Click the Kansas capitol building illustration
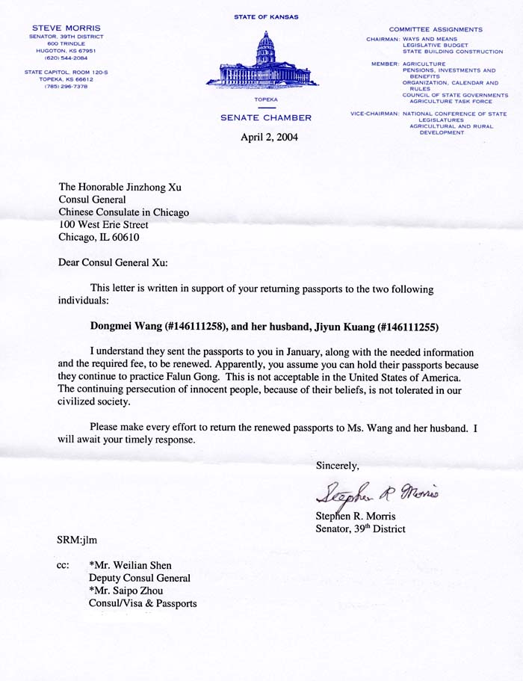pos(266,62)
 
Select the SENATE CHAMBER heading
pos(266,118)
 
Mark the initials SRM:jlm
pos(77,540)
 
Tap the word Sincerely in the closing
pos(338,465)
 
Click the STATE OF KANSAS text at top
pos(266,16)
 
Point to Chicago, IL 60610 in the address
pos(102,237)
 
